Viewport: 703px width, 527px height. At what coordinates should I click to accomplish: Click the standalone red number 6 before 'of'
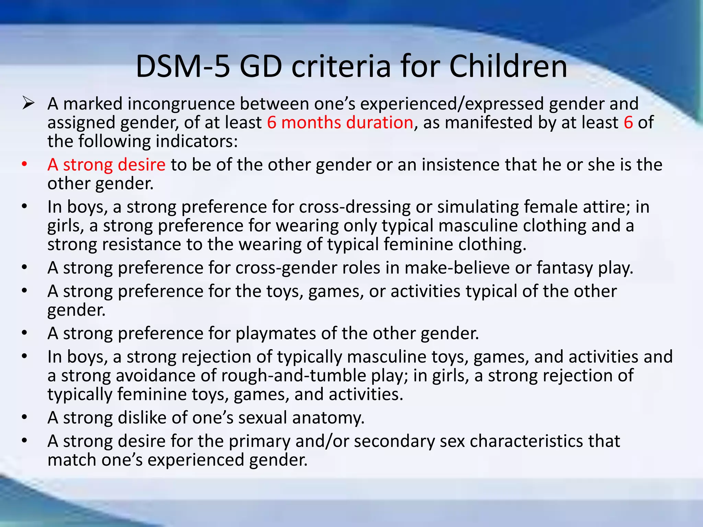click(x=628, y=122)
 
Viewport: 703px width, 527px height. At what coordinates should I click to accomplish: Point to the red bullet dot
click(x=24, y=165)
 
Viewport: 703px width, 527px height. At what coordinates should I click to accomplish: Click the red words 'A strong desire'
click(x=106, y=165)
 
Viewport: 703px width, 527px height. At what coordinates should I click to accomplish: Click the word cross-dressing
click(x=355, y=207)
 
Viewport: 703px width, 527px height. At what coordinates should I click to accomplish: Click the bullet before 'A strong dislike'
click(x=24, y=418)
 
